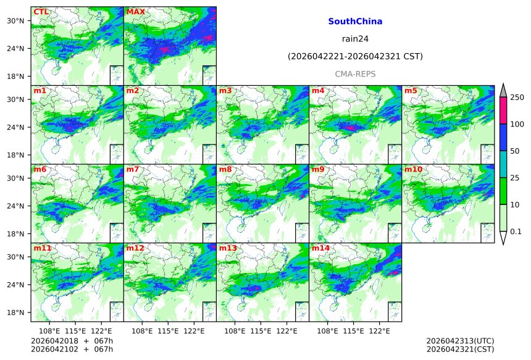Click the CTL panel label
coord(41,12)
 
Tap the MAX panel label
coord(135,12)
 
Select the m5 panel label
coord(411,91)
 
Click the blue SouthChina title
coord(355,22)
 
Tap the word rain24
coord(355,39)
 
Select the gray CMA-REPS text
coord(355,74)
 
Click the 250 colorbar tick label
coord(517,98)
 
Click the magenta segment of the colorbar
coord(503,111)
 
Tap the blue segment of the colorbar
coord(503,138)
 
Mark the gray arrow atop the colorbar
coord(503,90)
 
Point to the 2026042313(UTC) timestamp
coord(460,340)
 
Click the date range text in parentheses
coord(355,57)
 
